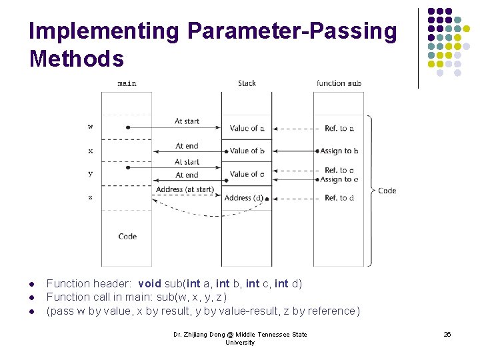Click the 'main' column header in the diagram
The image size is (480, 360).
(x=127, y=83)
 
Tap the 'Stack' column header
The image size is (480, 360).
(x=247, y=83)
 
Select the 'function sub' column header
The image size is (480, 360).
(x=339, y=83)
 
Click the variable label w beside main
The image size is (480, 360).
(x=91, y=127)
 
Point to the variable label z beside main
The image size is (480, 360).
(x=91, y=197)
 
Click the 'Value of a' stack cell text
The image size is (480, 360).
(x=247, y=128)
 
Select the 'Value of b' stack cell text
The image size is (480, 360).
(x=247, y=151)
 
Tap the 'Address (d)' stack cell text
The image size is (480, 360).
(x=244, y=198)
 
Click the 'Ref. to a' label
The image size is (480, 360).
(x=339, y=128)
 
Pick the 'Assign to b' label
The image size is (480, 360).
(x=339, y=151)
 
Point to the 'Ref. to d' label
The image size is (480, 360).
(x=339, y=198)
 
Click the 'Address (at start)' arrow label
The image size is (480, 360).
(x=185, y=190)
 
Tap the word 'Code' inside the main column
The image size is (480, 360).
(x=127, y=236)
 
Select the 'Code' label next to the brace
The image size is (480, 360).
(x=387, y=191)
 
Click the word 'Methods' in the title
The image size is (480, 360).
(x=77, y=59)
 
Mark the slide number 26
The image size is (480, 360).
(x=447, y=335)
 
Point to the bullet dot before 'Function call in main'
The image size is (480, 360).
(x=32, y=297)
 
